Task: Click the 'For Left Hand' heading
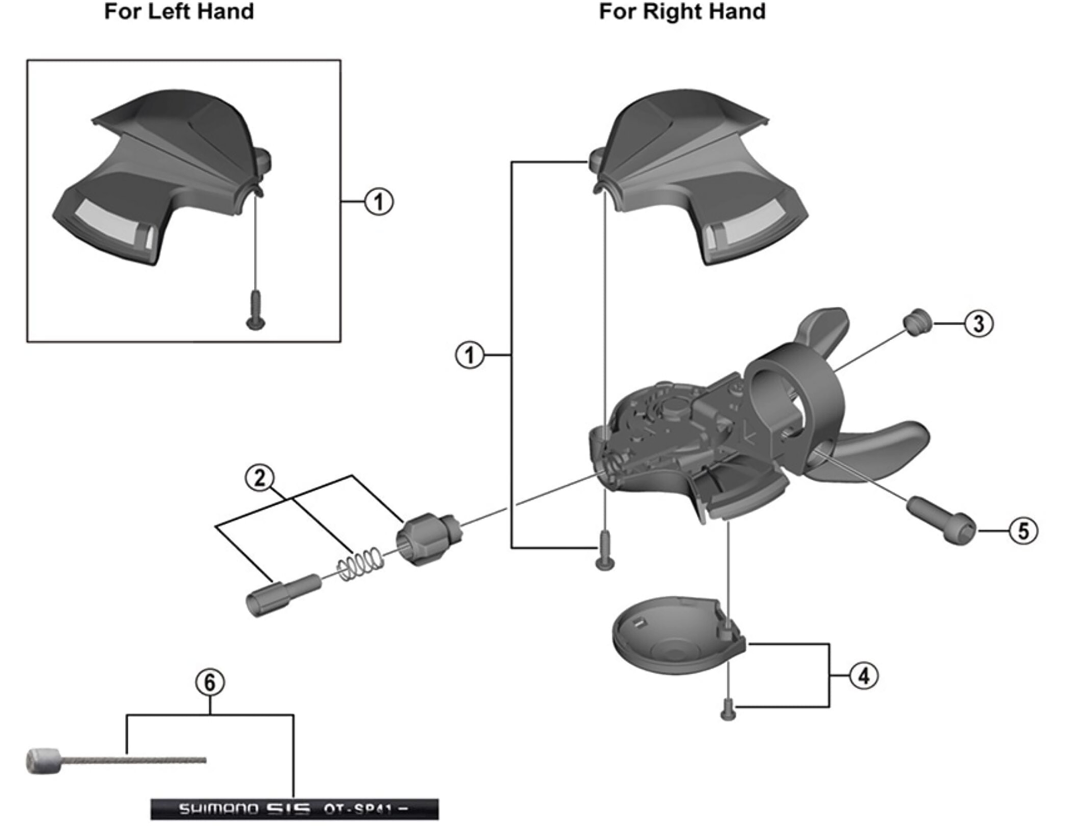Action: pyautogui.click(x=179, y=12)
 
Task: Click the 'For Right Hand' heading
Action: pyautogui.click(x=682, y=12)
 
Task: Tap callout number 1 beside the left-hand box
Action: pyautogui.click(x=379, y=201)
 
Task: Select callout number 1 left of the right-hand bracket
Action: pyautogui.click(x=470, y=355)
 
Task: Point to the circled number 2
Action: pyautogui.click(x=259, y=478)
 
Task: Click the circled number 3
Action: pyautogui.click(x=978, y=323)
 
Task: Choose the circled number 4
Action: pyautogui.click(x=863, y=676)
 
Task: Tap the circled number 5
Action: pyautogui.click(x=1023, y=530)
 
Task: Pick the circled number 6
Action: pyautogui.click(x=210, y=682)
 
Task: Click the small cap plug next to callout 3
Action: pyautogui.click(x=916, y=323)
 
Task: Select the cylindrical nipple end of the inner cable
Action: pyautogui.click(x=42, y=761)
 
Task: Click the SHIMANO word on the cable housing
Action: pyautogui.click(x=218, y=809)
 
